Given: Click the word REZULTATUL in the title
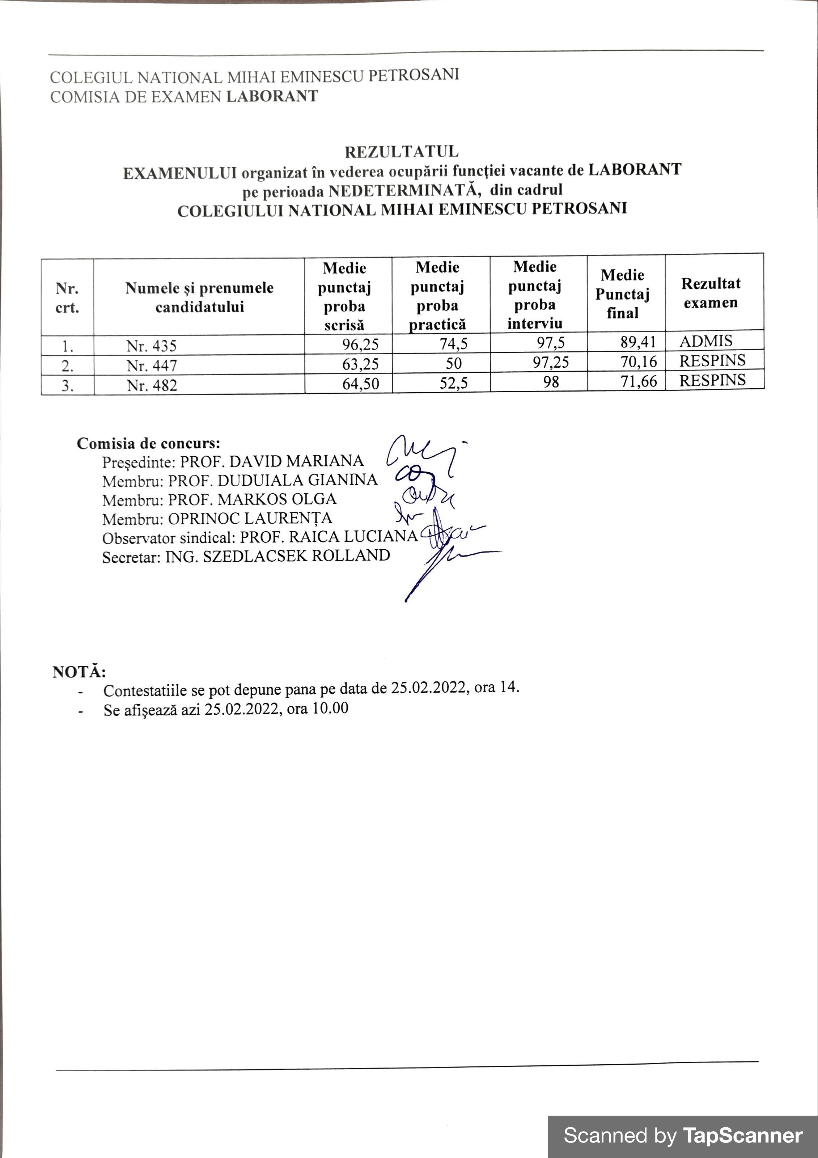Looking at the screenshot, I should point(402,151).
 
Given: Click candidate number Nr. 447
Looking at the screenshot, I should point(152,365).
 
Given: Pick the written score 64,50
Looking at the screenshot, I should point(361,384).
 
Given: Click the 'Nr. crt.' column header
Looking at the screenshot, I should point(67,297).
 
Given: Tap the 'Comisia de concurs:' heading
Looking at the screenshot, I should point(148,443).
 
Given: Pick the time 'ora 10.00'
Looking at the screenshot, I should point(317,708).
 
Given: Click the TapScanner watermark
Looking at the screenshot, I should point(682,1135).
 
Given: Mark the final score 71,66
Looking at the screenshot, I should point(639,381).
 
